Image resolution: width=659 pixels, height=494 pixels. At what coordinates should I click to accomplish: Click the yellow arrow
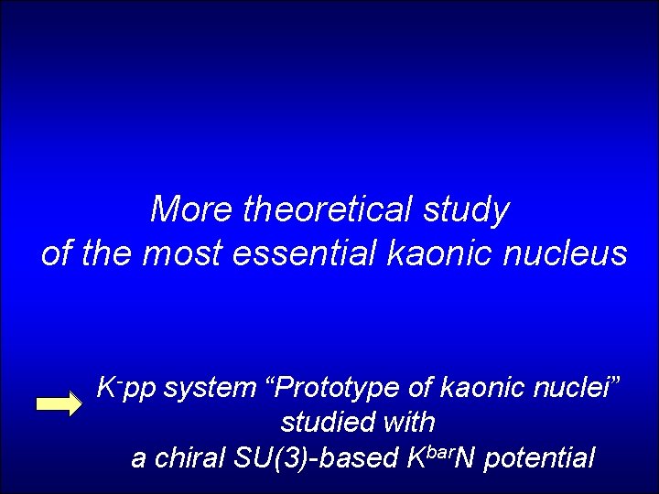59,405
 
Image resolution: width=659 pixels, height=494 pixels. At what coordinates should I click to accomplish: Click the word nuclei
571,389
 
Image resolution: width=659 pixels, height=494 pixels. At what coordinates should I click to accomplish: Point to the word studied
329,423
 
